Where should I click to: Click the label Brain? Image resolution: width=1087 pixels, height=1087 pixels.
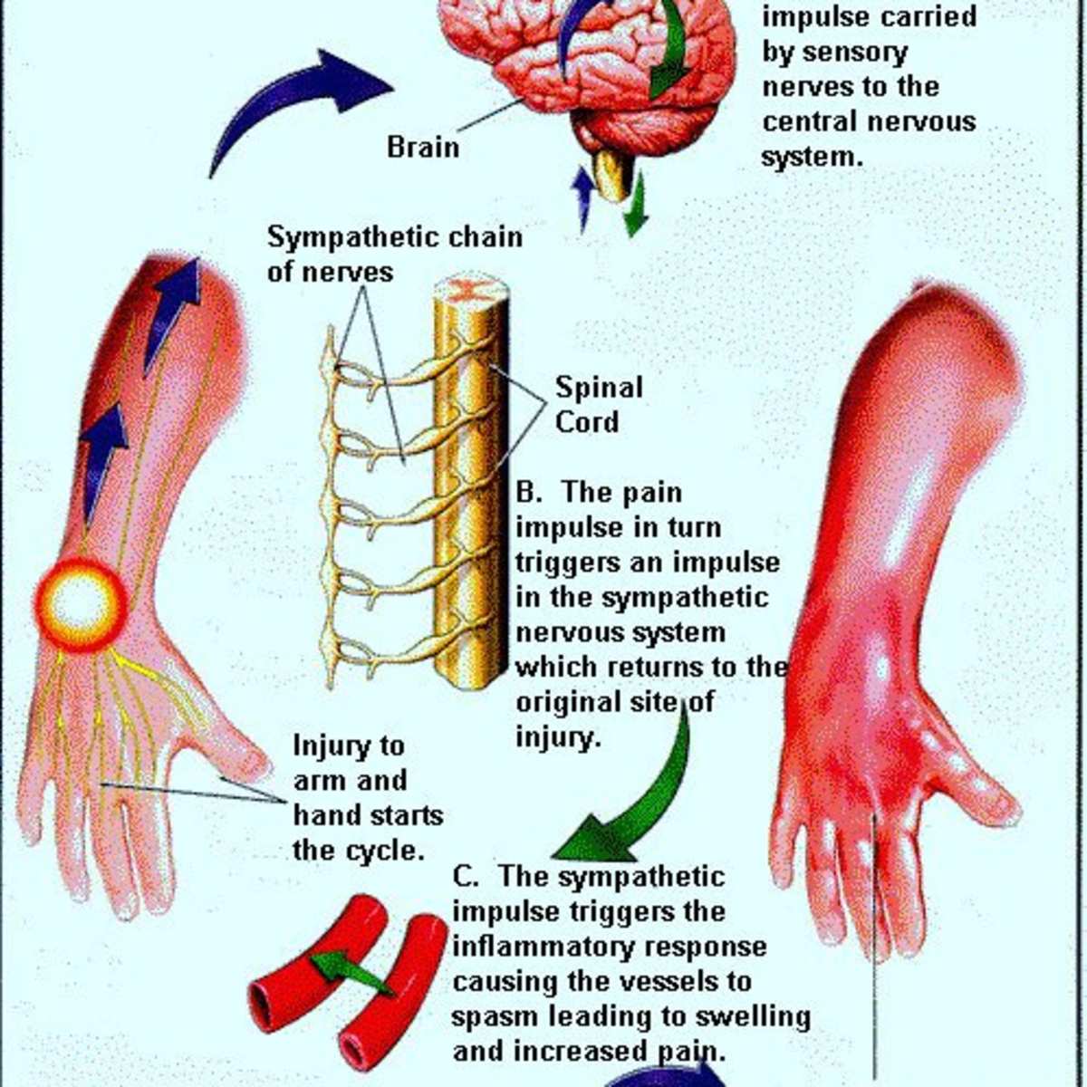423,148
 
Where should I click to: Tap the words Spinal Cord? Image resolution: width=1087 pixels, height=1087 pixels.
599,405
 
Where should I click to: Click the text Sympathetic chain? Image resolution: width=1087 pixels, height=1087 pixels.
395,237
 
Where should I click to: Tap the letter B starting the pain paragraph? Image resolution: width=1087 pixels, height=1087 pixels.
526,493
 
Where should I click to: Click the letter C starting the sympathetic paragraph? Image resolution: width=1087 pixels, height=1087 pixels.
464,877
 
